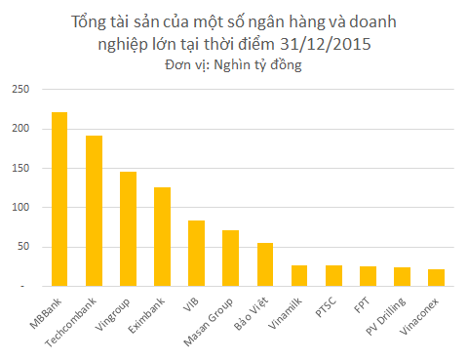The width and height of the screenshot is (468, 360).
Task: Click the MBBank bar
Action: point(59,199)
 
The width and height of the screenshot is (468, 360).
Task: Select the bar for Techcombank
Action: point(94,211)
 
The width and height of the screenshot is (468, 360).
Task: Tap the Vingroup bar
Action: point(128,228)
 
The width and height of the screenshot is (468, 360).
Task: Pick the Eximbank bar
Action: point(162,236)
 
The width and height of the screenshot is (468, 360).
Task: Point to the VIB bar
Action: point(196,253)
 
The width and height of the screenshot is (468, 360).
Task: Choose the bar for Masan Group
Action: point(230,258)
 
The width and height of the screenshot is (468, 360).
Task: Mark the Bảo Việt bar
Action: point(264,264)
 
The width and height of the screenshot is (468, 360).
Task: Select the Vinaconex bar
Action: point(435,277)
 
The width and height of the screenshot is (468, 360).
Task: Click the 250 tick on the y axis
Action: point(20,90)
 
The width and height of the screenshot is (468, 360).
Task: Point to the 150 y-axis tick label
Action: point(20,169)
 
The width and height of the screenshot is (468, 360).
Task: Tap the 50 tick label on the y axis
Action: point(23,247)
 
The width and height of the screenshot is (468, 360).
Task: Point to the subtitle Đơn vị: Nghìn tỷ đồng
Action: point(234,66)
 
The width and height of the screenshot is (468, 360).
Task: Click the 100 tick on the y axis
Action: point(20,208)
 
